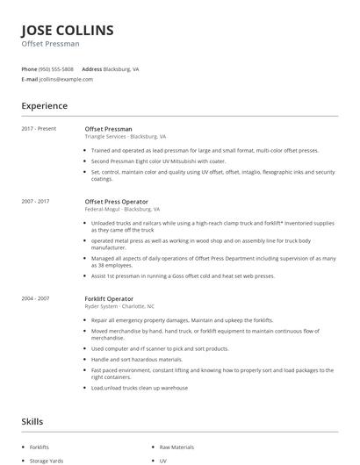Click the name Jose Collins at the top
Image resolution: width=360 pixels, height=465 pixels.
point(68,31)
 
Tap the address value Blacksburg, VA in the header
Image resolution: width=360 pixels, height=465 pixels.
point(123,68)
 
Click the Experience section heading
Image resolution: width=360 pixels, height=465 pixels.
point(45,106)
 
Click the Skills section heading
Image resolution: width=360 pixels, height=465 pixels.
point(32,421)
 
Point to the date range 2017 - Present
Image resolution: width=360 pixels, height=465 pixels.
point(39,129)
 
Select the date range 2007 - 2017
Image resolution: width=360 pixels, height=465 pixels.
point(35,202)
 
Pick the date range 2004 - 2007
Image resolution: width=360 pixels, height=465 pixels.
point(35,298)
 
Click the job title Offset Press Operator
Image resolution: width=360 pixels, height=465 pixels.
point(116,202)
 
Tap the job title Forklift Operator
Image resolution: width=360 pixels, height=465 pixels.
point(110,298)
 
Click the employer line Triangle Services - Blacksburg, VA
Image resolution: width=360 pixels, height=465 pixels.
point(125,137)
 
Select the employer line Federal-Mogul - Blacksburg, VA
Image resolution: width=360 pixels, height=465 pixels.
point(122,210)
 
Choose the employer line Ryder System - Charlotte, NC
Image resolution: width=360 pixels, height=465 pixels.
point(119,306)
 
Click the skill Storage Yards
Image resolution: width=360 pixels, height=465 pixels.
point(47,460)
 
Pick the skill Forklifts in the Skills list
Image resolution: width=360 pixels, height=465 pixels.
point(40,447)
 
